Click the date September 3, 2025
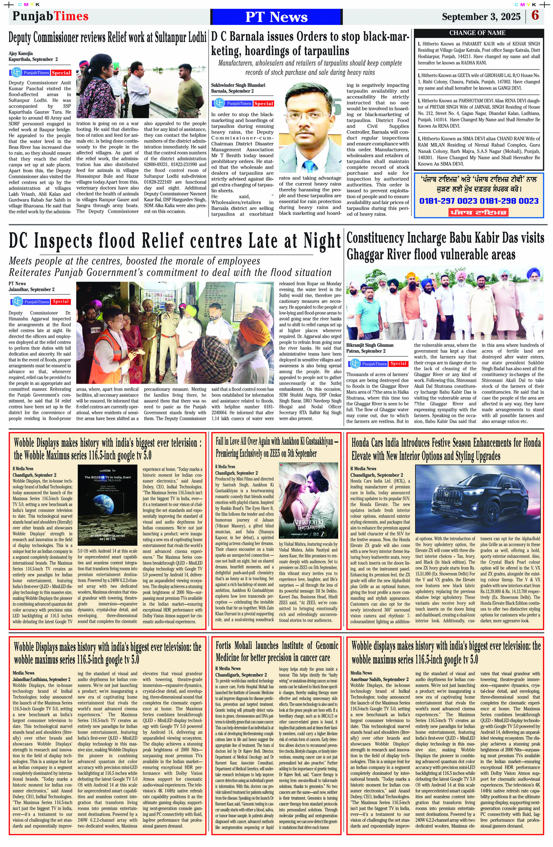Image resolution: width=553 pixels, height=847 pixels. click(481, 17)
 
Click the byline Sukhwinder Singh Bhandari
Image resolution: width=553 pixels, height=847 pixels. click(238, 85)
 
